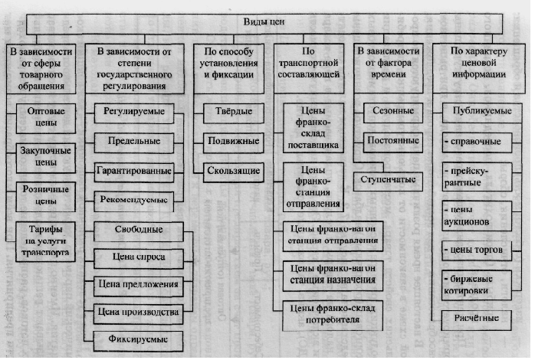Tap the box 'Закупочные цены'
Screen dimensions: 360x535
46,156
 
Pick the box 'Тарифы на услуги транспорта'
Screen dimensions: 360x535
46,241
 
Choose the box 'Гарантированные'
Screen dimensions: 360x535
132,169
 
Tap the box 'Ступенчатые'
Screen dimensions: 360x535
390,179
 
